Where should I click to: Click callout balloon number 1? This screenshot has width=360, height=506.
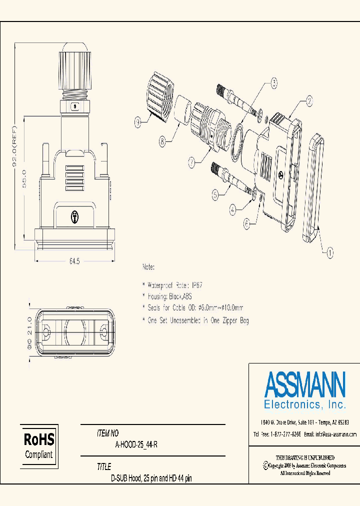(330, 253)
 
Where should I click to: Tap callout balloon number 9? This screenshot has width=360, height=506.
(137, 120)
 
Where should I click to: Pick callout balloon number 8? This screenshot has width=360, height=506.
(161, 141)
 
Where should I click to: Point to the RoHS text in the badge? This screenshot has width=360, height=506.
(39, 439)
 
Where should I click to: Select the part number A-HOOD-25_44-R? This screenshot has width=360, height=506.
(136, 445)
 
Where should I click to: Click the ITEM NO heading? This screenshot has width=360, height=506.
(107, 433)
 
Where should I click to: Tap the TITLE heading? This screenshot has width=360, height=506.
(104, 467)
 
